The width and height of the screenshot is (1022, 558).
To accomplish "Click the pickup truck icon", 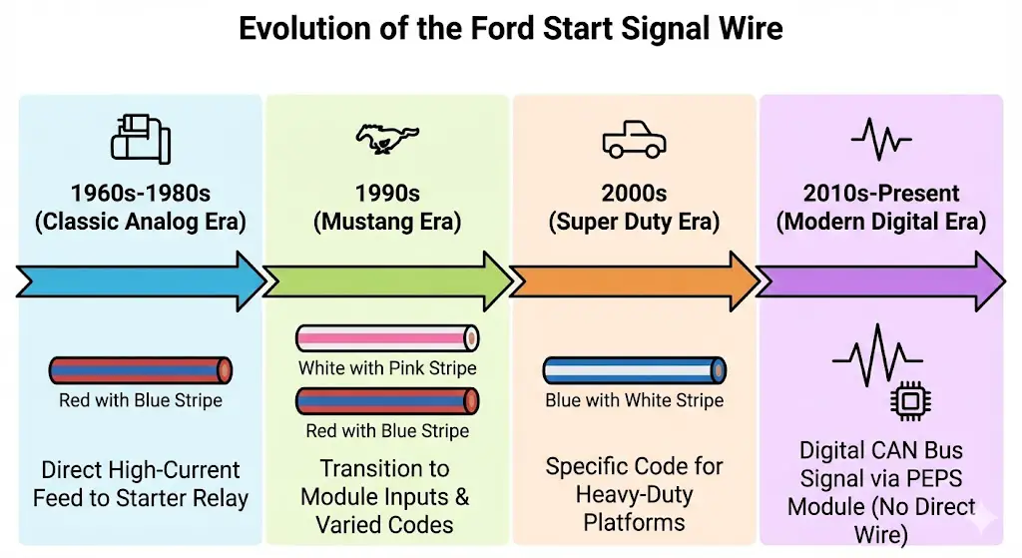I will click(x=634, y=142).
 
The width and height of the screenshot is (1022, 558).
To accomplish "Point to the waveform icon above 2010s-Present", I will click(x=881, y=142).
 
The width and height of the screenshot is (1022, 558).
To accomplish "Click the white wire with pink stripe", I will click(x=387, y=338).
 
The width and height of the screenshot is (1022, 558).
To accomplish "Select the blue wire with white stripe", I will click(x=635, y=370).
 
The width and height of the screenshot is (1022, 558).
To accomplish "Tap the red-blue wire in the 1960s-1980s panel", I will click(x=140, y=370).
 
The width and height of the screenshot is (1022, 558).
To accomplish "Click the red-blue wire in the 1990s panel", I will click(x=387, y=401).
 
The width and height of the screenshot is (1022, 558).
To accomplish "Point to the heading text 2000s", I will click(x=634, y=193).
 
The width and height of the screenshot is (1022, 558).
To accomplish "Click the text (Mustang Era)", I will click(x=387, y=222).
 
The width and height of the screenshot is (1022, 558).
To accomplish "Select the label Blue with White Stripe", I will click(x=635, y=401).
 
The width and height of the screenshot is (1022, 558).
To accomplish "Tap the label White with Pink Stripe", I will click(x=387, y=368).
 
